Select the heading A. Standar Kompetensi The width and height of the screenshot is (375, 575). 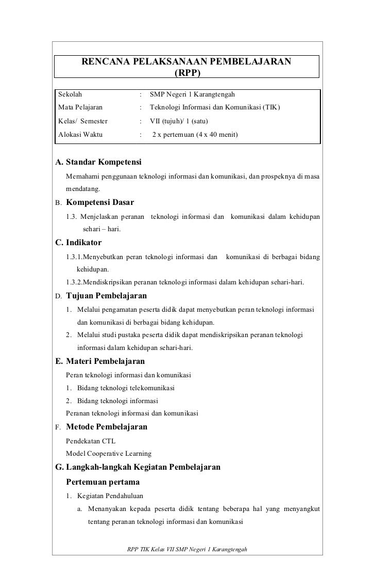tap(98, 163)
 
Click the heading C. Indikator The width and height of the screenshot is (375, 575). tap(78, 243)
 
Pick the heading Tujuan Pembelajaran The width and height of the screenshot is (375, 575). tap(107, 296)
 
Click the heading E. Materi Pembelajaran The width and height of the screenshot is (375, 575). tap(100, 361)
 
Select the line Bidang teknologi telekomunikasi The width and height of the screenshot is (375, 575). tap(126, 388)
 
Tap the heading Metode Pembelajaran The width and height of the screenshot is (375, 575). tap(107, 427)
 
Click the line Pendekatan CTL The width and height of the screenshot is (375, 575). tap(91, 441)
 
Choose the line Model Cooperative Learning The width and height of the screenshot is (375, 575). tap(109, 454)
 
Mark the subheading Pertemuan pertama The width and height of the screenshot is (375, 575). tap(103, 483)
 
